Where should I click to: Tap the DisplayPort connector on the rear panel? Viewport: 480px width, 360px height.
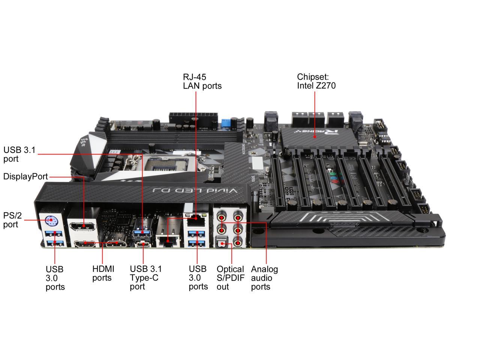click(x=83, y=226)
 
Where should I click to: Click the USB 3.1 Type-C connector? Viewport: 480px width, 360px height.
click(x=142, y=244)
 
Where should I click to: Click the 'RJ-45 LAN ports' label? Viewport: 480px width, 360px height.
click(x=202, y=81)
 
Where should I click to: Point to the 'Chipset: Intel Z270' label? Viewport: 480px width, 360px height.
click(x=316, y=81)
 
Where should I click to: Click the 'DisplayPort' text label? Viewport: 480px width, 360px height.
click(x=25, y=177)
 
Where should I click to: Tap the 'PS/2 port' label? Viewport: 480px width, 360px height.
click(x=12, y=220)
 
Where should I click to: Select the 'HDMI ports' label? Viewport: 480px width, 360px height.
click(x=103, y=273)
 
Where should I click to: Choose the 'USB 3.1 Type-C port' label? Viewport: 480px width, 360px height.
click(x=145, y=277)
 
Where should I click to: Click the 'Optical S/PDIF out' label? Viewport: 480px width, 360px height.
click(x=230, y=278)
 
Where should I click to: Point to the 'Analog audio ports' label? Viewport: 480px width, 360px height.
click(x=264, y=278)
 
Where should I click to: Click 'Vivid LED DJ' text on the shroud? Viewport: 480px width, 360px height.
click(x=195, y=190)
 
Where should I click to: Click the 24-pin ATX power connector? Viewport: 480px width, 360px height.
click(x=192, y=117)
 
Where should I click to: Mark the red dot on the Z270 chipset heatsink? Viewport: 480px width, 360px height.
click(x=314, y=137)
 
